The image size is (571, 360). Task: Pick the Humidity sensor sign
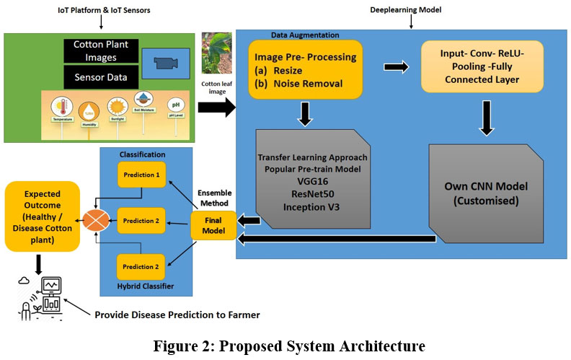(x=90, y=115)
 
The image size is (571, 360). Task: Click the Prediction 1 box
(x=141, y=174)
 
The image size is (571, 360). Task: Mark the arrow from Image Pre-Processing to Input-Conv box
(x=394, y=66)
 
